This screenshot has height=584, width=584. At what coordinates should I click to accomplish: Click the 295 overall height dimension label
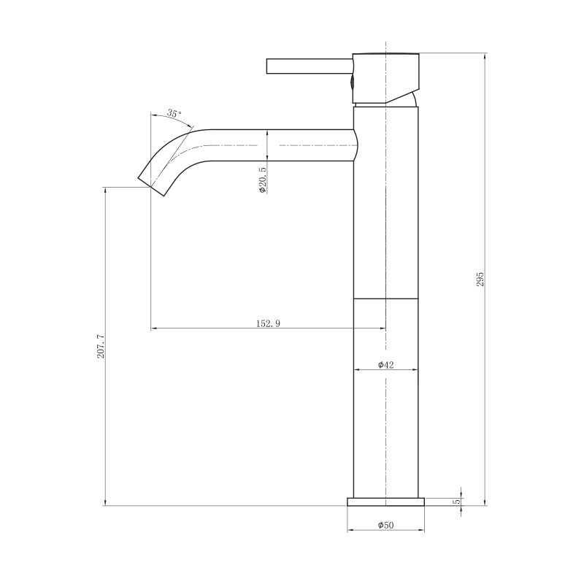480,279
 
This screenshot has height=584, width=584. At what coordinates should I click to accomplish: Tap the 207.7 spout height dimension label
101,346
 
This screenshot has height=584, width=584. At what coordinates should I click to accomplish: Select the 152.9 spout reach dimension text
268,323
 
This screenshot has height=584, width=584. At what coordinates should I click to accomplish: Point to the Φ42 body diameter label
386,364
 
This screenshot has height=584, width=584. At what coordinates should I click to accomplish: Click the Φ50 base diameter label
386,525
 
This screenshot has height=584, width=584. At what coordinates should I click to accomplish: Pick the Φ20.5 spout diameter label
263,180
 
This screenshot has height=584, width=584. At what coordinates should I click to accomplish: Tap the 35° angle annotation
174,113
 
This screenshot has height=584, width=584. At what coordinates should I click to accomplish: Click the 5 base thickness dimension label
457,502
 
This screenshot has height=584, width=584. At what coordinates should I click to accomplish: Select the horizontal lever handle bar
310,66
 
